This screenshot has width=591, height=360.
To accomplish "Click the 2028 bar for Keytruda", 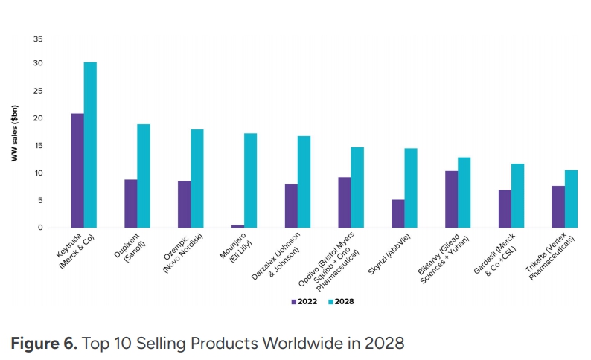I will [90, 145].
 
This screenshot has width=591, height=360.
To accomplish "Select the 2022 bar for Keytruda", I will [77, 170].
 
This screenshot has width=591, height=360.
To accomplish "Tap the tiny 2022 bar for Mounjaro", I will [237, 225].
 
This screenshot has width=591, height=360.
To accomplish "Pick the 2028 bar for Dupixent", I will [144, 176].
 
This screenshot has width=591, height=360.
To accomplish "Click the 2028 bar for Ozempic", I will [197, 179].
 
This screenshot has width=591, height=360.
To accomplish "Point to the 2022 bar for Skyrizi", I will [398, 213].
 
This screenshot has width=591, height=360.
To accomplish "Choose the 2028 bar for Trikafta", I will [571, 199].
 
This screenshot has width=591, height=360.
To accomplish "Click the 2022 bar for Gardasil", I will [505, 208].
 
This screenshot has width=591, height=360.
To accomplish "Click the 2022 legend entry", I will [304, 302].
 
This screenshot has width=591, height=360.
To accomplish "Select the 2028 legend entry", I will [342, 302].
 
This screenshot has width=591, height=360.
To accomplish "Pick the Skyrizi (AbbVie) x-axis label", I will [393, 254].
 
